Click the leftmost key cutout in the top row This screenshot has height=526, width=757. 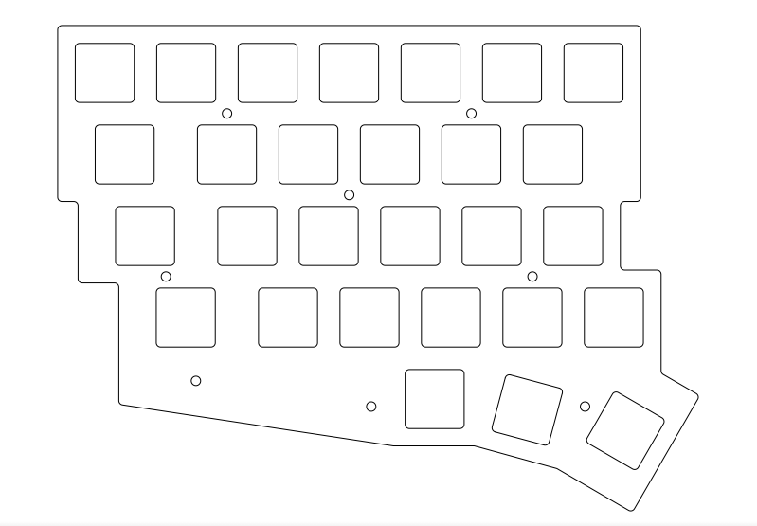104,73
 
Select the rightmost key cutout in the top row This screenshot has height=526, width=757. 594,73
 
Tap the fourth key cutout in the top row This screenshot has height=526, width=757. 349,73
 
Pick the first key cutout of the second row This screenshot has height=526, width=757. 124,154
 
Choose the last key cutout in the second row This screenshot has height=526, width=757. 552,154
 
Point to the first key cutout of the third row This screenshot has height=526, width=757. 145,236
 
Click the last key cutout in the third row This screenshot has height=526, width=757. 573,236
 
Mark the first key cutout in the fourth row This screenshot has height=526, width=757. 186,317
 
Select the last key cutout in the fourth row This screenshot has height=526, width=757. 614,317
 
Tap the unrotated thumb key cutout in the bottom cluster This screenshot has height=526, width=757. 435,399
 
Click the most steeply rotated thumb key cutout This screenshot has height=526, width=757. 625,430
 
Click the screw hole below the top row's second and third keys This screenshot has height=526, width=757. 227,114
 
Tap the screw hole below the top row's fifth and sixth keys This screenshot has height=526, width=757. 472,114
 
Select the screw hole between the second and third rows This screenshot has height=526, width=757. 350,195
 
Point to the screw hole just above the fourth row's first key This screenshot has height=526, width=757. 166,277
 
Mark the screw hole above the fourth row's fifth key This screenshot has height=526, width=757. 532,277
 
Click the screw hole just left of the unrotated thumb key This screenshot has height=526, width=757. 371,407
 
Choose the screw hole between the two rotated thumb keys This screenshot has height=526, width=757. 586,407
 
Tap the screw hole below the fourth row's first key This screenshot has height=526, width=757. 196,381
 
